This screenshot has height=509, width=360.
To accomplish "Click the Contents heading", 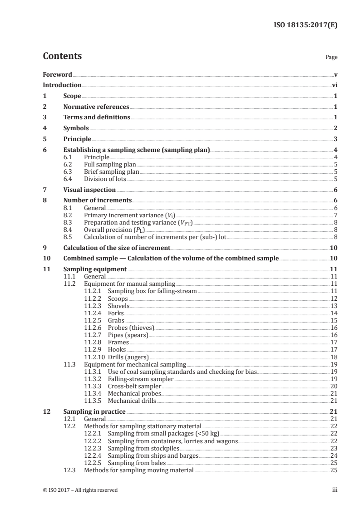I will (x=62, y=56).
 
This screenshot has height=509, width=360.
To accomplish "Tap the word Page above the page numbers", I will (x=331, y=58).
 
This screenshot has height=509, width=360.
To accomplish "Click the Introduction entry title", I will (x=62, y=85).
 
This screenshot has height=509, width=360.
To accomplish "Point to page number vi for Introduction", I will (x=334, y=85).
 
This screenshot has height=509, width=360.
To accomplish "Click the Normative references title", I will (x=96, y=107).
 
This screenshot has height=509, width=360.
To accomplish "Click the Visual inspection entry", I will (x=89, y=190).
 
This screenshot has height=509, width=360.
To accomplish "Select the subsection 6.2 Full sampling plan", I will (x=110, y=164).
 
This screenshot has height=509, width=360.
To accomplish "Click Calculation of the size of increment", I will (x=117, y=248).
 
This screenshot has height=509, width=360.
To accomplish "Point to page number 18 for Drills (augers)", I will (x=334, y=357).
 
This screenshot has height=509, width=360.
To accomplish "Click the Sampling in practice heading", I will (x=94, y=411).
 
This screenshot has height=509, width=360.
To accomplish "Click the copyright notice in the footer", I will (x=80, y=490).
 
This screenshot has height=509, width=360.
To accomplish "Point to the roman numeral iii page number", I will (x=335, y=490).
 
